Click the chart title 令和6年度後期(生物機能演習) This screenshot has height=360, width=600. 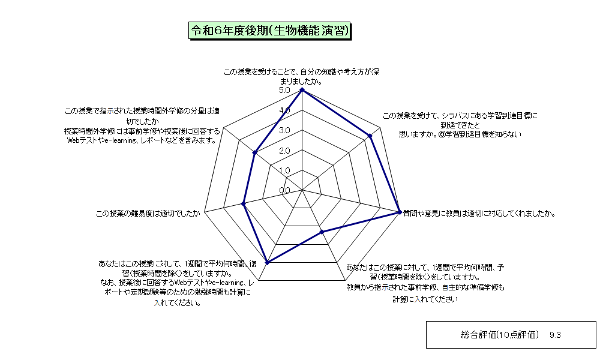tap(270, 31)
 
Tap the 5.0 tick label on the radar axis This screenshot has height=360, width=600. tap(284, 90)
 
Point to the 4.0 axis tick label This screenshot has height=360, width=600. tap(284, 110)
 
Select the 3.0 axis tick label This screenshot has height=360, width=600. tap(284, 130)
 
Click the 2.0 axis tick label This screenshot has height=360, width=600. tap(284, 151)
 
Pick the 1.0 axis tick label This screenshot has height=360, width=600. tap(284, 170)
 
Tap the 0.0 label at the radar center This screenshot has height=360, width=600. tap(284, 191)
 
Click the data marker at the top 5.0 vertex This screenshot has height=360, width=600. tap(302, 90)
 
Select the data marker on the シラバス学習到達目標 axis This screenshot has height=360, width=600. tap(370, 136)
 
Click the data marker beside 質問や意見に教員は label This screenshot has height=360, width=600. tap(400, 212)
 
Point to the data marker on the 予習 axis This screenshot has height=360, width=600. tap(322, 232)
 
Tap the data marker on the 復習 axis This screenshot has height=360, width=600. tap(268, 262)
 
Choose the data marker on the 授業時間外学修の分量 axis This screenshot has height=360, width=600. tap(254, 152)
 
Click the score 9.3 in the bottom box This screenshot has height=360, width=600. tap(555, 335)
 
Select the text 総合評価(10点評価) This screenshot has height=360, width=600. tap(500, 335)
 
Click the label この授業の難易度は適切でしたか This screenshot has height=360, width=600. tap(148, 214)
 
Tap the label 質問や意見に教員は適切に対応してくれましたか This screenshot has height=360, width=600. tap(479, 214)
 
